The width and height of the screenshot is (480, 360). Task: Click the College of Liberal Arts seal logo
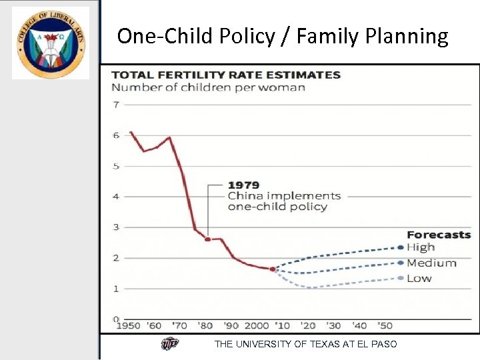pos(50,43)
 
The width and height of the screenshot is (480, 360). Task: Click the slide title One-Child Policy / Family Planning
pos(283,36)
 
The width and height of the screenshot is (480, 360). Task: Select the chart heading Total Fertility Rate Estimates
pos(225,75)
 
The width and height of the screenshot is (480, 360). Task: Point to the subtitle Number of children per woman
pos(208,87)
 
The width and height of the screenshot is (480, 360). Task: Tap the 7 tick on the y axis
pos(116,105)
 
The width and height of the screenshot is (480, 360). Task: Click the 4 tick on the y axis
pos(116,197)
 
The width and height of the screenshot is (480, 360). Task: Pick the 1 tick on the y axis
pos(116,289)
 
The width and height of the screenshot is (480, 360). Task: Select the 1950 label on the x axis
pos(128,326)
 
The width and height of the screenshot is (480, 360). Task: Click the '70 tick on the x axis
pos(180,326)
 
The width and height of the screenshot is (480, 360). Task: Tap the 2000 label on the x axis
pos(257,326)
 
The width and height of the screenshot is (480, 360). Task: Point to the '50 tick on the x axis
pos(385,326)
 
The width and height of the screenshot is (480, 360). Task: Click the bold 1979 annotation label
pos(243,185)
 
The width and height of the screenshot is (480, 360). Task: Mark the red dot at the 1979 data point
pos(208,239)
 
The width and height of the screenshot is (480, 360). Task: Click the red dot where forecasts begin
pos(273,269)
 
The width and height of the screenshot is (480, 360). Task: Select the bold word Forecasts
pos(439,235)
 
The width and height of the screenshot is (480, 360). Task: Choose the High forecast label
pos(421,247)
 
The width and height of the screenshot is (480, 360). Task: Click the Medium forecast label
pos(431,263)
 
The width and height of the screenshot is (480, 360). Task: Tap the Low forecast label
pos(419,278)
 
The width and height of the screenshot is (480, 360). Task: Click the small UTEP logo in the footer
pos(170,344)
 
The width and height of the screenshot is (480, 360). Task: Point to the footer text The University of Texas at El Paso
pos(305,344)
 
